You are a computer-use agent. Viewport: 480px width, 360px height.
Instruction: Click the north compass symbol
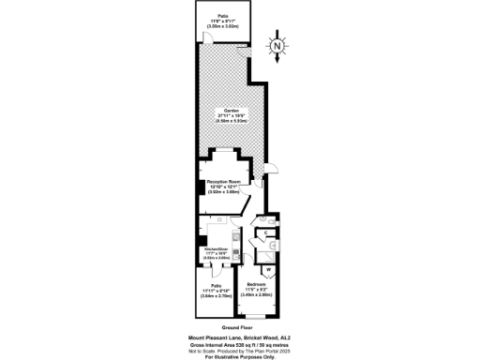coord(277,45)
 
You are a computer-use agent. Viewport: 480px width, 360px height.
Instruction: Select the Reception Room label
coord(225,177)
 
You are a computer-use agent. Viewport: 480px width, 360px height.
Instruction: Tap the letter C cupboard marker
coord(266,232)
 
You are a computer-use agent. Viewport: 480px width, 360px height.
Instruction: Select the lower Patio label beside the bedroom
coord(217,284)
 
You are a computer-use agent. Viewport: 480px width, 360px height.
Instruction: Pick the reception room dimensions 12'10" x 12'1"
coord(225,184)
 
